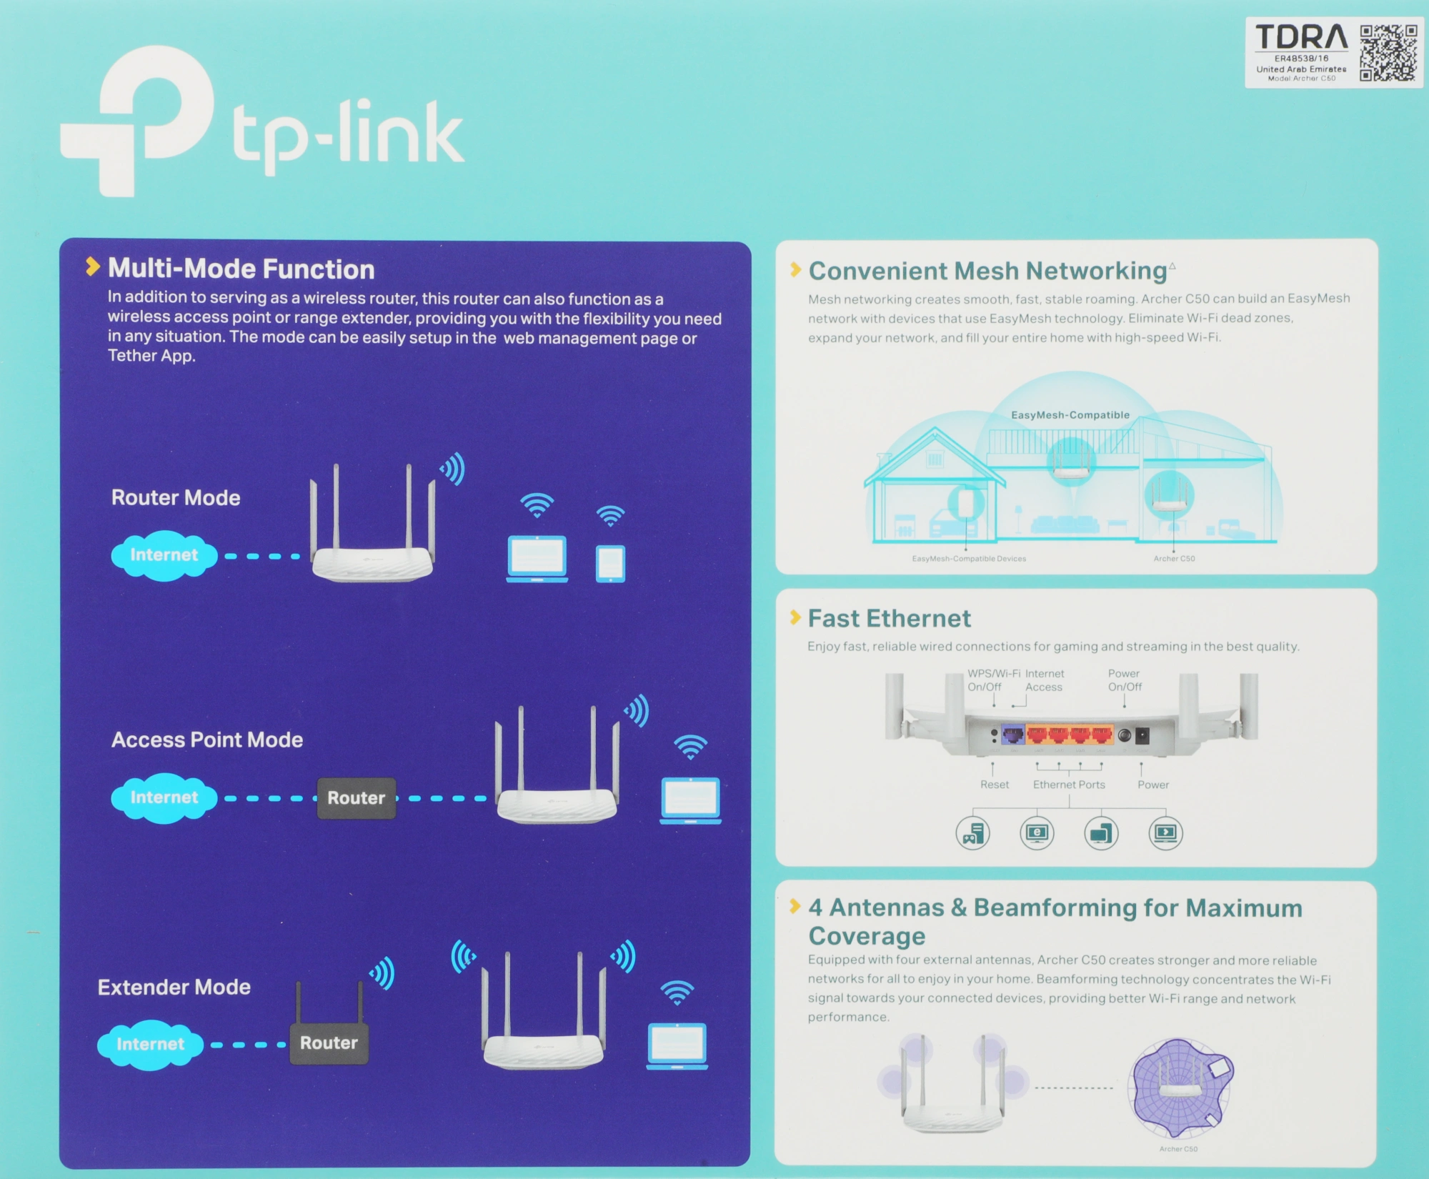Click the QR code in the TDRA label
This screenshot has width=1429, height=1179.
click(1388, 53)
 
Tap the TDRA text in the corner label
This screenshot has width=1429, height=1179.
click(1301, 37)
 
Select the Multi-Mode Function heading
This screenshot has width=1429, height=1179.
click(241, 269)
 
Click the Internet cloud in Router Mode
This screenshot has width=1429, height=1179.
click(164, 555)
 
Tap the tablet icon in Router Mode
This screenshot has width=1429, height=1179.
click(610, 564)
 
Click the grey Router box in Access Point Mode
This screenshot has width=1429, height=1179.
click(356, 797)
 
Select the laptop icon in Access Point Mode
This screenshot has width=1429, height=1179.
click(690, 800)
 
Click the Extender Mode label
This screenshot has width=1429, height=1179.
click(174, 987)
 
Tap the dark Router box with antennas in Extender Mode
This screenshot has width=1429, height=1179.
click(329, 1042)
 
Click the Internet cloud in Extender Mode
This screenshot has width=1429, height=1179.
click(150, 1044)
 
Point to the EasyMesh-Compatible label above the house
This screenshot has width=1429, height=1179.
click(1070, 415)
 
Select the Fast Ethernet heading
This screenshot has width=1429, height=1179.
click(889, 618)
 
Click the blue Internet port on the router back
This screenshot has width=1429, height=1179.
click(1012, 735)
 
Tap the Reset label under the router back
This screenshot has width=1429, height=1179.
click(995, 785)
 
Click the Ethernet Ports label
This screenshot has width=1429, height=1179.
click(1069, 785)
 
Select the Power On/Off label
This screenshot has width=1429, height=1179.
click(1125, 680)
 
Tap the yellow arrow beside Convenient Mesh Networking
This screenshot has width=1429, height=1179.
click(795, 269)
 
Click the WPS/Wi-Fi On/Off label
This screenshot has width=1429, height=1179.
click(993, 680)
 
